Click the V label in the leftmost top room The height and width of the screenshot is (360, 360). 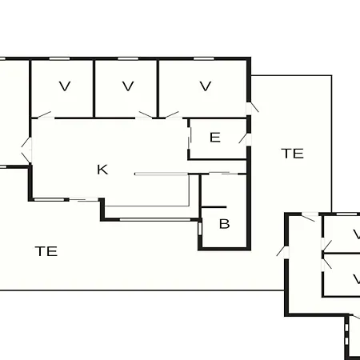[65, 86]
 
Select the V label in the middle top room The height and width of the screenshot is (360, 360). [128, 86]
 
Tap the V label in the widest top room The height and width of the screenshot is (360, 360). [206, 86]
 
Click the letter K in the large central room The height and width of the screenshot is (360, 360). [102, 170]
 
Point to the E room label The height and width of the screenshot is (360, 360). [215, 138]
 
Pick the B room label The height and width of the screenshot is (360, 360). [224, 224]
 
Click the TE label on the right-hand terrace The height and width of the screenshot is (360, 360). [293, 154]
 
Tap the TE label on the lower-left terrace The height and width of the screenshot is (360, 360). [46, 251]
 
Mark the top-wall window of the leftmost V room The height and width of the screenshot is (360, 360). [59, 58]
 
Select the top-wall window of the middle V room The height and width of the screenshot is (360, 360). [128, 58]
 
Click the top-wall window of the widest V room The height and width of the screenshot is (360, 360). [204, 58]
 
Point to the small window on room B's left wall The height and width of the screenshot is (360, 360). [200, 229]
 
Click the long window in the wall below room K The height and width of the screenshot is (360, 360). [155, 220]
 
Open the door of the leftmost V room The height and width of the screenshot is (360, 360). [43, 115]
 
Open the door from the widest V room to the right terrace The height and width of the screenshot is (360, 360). [252, 108]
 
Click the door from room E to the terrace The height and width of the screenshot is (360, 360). [246, 138]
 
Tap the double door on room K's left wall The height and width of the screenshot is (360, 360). [27, 150]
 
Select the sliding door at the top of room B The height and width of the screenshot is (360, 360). [223, 174]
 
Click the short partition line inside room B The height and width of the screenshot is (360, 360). [214, 207]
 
